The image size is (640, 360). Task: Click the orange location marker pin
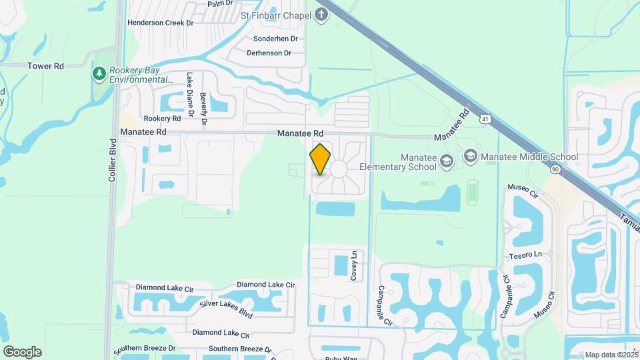321,159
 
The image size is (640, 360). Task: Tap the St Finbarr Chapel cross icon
322,15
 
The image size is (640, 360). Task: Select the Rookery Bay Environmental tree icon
100,73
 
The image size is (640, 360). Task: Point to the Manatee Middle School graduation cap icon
471,157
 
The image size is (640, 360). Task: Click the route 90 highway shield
555,169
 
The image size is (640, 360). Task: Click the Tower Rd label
45,66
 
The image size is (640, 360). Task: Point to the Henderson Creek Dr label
160,23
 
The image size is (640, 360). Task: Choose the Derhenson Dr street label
269,53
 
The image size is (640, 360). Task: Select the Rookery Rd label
162,118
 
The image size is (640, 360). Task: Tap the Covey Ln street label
355,265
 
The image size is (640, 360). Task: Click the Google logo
22,352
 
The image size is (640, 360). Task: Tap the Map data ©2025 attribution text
612,355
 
